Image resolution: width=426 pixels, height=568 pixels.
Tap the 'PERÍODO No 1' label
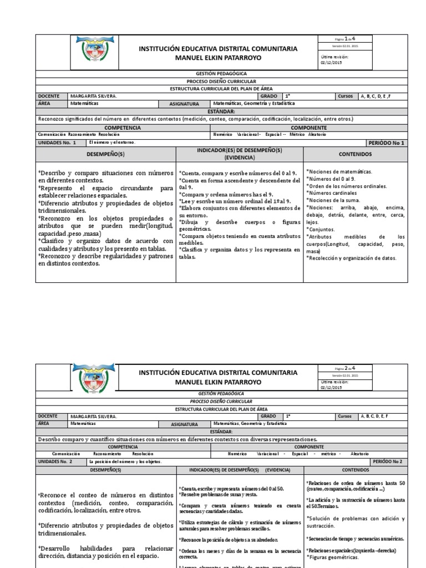click(x=387, y=143)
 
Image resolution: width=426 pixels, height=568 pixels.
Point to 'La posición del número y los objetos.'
click(x=124, y=461)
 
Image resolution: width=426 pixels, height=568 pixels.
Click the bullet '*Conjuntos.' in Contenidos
click(x=321, y=229)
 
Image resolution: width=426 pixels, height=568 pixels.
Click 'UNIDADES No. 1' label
click(x=56, y=143)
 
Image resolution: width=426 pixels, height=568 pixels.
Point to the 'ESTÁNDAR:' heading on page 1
click(x=221, y=111)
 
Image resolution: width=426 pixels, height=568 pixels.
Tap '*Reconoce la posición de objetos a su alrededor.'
click(x=228, y=540)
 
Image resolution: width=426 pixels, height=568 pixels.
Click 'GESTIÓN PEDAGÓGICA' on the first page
click(x=221, y=73)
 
